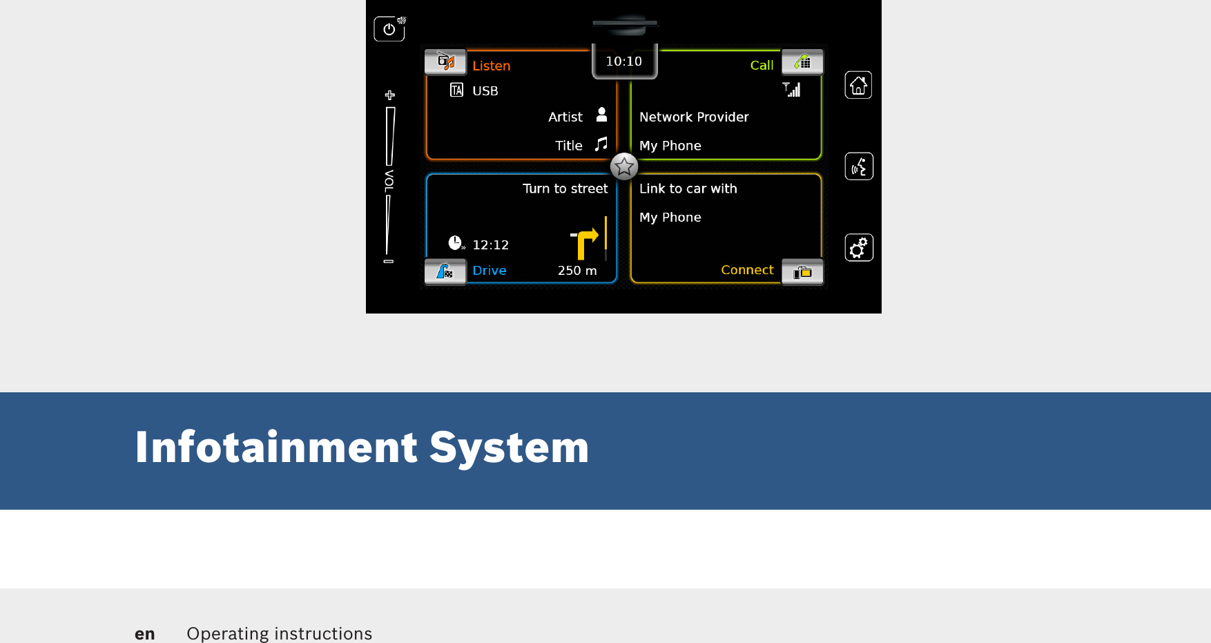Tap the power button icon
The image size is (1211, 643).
(389, 29)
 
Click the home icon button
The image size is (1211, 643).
(858, 85)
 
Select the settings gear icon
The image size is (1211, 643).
(859, 247)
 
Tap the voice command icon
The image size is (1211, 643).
(859, 166)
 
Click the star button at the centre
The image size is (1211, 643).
(624, 166)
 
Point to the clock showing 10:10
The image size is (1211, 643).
(624, 61)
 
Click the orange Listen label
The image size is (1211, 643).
(491, 66)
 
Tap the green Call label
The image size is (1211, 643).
(762, 65)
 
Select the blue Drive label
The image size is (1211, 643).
(489, 270)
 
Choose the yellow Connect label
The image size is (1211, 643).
(747, 269)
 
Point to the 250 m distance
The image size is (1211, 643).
(577, 271)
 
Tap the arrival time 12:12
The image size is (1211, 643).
(490, 245)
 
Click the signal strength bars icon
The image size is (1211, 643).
(792, 89)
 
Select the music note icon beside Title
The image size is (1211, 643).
(601, 144)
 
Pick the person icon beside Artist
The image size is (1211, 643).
(601, 115)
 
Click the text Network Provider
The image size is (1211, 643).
(694, 117)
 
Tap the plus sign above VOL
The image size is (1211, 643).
(390, 95)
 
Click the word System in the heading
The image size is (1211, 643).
(509, 448)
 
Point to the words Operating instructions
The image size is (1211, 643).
(279, 633)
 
